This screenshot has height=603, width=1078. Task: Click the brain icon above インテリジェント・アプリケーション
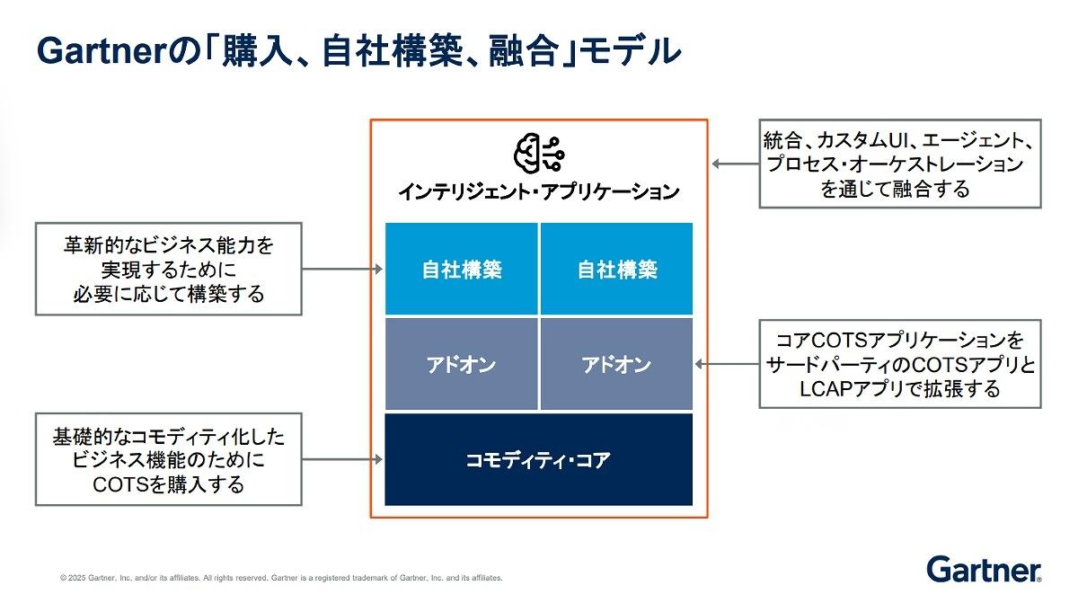click(539, 153)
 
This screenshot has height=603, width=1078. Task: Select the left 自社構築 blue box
click(461, 269)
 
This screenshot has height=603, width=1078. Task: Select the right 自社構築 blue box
click(616, 269)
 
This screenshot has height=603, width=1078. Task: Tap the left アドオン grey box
click(461, 364)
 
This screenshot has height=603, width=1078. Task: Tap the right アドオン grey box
click(616, 364)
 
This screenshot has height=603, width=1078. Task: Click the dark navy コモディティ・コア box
click(538, 459)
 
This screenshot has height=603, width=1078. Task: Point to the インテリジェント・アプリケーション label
click(538, 191)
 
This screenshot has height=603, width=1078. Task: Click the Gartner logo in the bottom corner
click(984, 570)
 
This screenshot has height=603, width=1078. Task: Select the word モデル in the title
click(631, 51)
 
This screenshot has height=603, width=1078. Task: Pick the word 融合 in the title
click(524, 51)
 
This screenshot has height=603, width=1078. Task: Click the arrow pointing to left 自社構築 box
click(342, 269)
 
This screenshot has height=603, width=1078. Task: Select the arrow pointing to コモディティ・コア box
click(342, 459)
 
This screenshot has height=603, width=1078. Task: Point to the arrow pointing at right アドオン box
click(727, 364)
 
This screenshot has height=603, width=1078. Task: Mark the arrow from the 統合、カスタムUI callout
click(736, 164)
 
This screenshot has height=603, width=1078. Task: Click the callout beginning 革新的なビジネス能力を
click(169, 269)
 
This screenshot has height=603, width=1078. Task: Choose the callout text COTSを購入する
click(169, 484)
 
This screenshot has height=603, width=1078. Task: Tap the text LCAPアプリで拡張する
click(900, 389)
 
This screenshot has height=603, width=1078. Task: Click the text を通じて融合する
click(895, 189)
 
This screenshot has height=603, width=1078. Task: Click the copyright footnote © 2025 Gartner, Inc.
click(281, 578)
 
